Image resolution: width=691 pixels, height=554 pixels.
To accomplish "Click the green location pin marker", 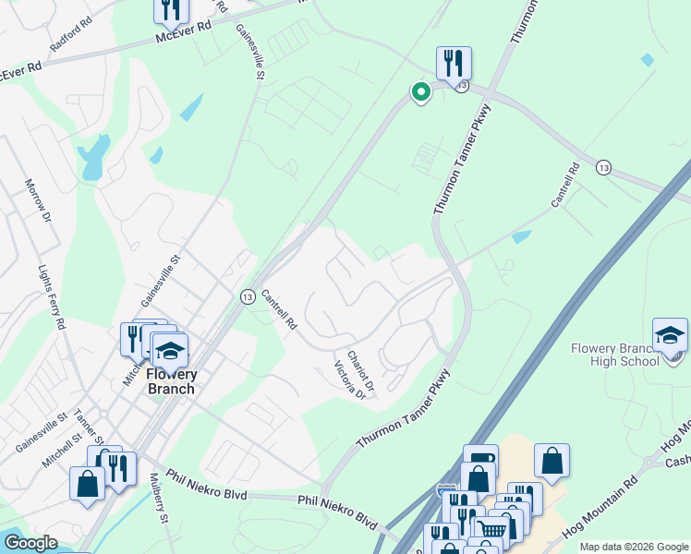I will pos(420,92).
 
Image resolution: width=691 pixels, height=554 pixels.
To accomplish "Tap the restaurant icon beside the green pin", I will pos(454,63).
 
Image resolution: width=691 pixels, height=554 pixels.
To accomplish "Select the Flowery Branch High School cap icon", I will pos(670,335).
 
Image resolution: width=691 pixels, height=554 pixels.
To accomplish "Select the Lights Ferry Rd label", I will pos(51,297).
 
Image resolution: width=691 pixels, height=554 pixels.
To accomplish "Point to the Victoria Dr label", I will pos(343,379).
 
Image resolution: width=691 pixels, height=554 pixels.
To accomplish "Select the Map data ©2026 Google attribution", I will pos(634,547).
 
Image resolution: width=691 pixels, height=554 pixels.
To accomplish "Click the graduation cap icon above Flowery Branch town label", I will pos(169,350).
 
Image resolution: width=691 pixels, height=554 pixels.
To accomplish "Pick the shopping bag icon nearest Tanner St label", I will pos(88,484).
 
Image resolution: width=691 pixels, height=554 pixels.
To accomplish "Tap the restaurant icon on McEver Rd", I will pos(171,10).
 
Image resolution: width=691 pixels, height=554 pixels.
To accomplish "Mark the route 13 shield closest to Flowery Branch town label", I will pos(248,296).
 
